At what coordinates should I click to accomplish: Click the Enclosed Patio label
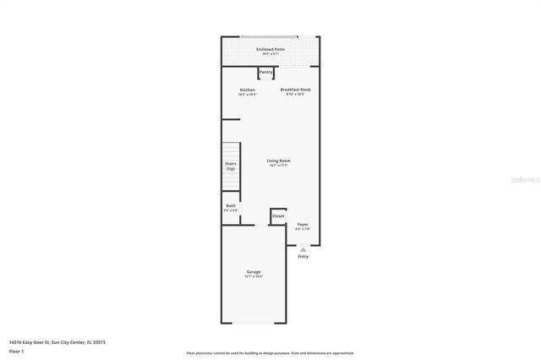[270, 50]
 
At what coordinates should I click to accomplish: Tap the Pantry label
[266, 73]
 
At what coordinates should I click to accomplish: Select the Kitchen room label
[248, 90]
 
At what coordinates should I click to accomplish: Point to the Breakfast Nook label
[295, 90]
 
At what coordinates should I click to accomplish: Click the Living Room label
[279, 161]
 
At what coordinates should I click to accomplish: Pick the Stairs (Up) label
[230, 166]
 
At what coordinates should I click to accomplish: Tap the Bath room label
[231, 206]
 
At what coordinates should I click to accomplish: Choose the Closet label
[278, 216]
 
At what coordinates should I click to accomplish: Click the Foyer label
[303, 225]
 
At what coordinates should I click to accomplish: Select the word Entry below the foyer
[303, 256]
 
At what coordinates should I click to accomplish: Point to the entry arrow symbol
[303, 249]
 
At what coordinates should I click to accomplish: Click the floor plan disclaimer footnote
[270, 353]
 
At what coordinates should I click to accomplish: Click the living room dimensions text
[279, 166]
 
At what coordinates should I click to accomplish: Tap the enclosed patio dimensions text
[270, 55]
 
